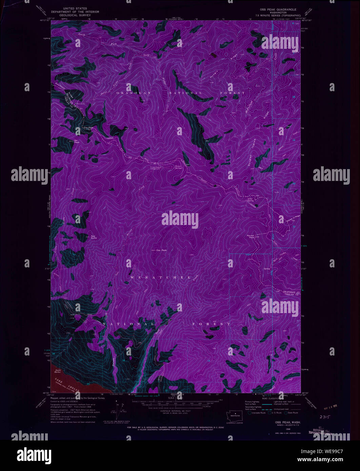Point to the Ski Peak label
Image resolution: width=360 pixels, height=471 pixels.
pos(77,141)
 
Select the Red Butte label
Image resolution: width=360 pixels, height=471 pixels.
pos(94,237)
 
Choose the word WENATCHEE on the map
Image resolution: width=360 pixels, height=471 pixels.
pos(161,278)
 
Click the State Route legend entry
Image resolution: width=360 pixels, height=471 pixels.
pos(291,413)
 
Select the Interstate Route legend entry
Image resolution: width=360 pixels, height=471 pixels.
pos(258,413)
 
